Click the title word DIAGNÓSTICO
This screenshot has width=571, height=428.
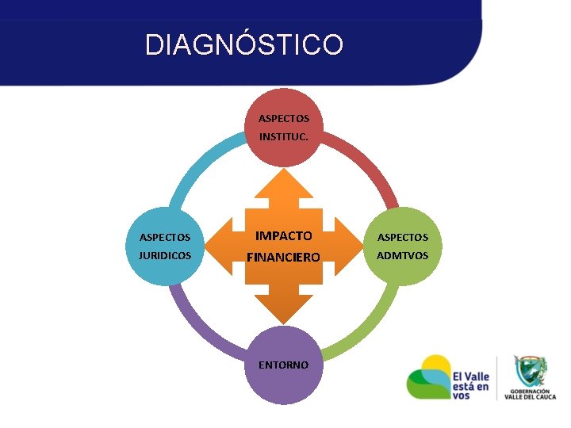point(244,44)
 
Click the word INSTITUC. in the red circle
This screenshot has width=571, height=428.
point(284,137)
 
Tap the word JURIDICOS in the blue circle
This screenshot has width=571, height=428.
point(165,256)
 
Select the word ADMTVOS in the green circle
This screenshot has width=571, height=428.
point(402,255)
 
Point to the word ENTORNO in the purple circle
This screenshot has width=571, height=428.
point(284,365)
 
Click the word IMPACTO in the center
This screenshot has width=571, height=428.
point(283,236)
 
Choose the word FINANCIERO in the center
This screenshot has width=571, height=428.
point(283,257)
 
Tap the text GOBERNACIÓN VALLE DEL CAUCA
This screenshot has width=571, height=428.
point(531,395)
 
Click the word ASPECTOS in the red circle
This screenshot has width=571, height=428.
point(284,119)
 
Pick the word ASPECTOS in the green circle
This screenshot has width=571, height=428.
point(402,237)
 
